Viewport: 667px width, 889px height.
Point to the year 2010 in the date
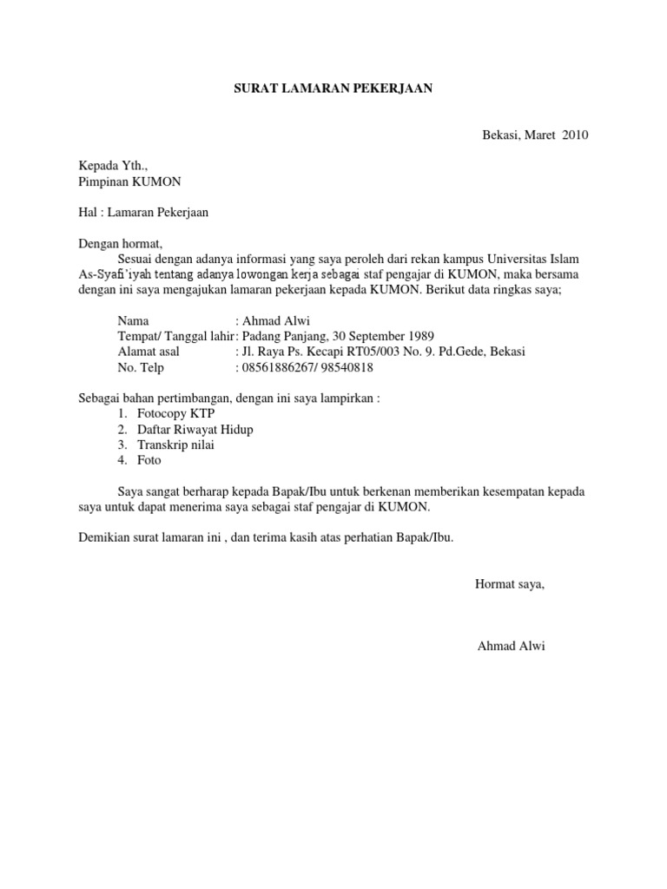click(575, 135)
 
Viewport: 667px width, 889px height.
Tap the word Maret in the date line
click(538, 135)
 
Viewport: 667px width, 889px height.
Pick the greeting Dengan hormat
click(121, 243)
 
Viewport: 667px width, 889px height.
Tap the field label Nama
click(134, 320)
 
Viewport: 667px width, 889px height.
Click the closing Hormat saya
click(510, 584)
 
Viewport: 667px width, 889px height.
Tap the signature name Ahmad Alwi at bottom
click(512, 647)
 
